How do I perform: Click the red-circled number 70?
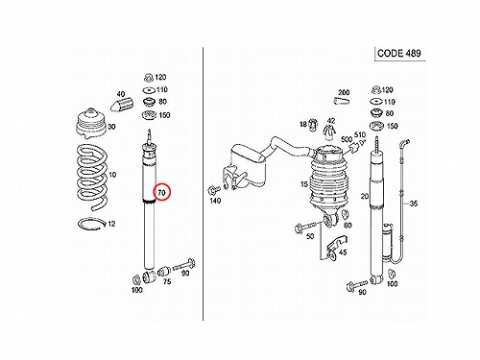[162, 192]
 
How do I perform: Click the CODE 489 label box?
[399, 54]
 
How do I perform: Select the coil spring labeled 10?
[92, 177]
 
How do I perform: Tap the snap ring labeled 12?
[92, 224]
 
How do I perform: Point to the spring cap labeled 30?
[91, 124]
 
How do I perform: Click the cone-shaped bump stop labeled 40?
[122, 105]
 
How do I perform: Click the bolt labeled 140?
[213, 190]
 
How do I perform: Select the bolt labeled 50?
[306, 228]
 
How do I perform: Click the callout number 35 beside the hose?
[414, 204]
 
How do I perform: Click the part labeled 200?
[341, 101]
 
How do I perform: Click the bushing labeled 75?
[163, 272]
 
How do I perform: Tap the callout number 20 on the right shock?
[365, 196]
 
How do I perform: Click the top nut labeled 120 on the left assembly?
[149, 78]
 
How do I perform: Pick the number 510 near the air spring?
[360, 134]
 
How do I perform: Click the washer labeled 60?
[346, 214]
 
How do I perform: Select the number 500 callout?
[347, 139]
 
